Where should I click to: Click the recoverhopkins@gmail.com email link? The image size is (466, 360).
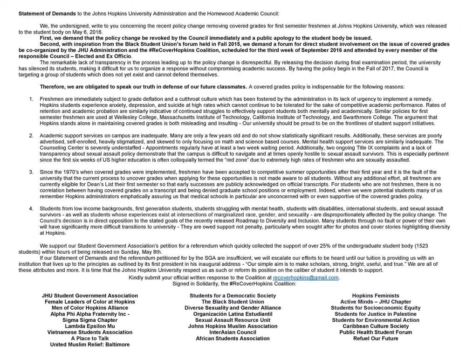pyautogui.click(x=312, y=278)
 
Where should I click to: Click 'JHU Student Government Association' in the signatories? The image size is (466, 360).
pyautogui.click(x=90, y=296)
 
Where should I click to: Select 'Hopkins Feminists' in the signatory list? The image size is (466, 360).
pyautogui.click(x=376, y=296)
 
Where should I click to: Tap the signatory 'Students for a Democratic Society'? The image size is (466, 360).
pyautogui.click(x=233, y=296)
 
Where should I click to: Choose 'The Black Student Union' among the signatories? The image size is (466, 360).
pyautogui.click(x=233, y=302)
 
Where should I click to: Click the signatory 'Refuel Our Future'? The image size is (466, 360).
pyautogui.click(x=376, y=339)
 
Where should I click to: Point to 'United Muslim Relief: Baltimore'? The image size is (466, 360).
pyautogui.click(x=90, y=345)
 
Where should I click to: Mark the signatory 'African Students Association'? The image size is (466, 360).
pyautogui.click(x=233, y=339)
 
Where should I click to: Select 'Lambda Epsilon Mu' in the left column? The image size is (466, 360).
pyautogui.click(x=90, y=326)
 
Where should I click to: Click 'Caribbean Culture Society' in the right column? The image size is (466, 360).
pyautogui.click(x=376, y=326)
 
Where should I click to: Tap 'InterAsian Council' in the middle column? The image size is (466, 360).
pyautogui.click(x=233, y=332)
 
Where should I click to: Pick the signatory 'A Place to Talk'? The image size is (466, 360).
pyautogui.click(x=90, y=339)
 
